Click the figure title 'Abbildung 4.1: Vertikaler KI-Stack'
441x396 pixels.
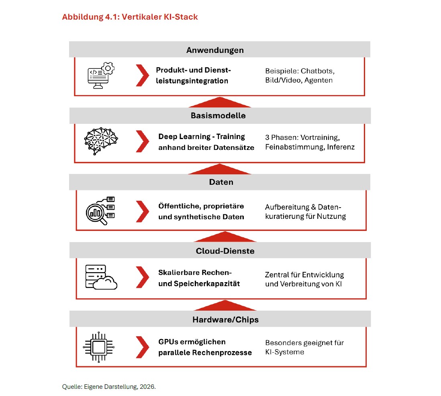tap(130, 17)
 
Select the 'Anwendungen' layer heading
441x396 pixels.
tap(215, 50)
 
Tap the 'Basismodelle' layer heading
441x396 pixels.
tap(218, 115)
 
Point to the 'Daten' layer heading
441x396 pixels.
tap(221, 182)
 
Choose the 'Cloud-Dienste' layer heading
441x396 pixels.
tap(225, 251)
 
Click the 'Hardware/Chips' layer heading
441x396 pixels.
tap(226, 320)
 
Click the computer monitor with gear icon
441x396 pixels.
tap(101, 75)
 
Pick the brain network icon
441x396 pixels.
tap(101, 141)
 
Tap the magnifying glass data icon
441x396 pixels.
tap(100, 211)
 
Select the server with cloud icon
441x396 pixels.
tap(101, 277)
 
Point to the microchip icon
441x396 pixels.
tap(99, 347)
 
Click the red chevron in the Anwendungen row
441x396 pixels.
tap(143, 75)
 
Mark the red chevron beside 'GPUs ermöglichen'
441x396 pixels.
tap(143, 348)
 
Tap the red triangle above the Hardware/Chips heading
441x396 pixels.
tap(225, 306)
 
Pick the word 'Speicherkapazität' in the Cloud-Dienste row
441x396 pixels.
tap(207, 284)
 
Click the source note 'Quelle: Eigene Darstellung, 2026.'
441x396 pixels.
tap(109, 387)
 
